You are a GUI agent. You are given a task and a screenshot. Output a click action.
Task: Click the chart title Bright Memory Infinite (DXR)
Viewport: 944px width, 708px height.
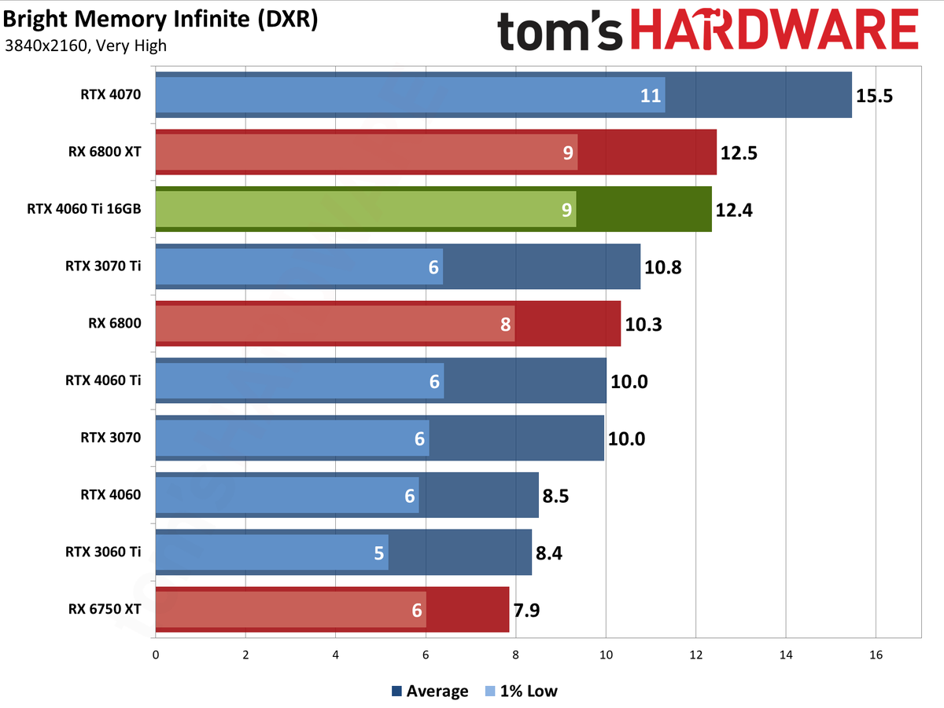(160, 19)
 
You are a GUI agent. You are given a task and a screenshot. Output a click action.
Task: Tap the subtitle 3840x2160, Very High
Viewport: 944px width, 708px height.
(85, 46)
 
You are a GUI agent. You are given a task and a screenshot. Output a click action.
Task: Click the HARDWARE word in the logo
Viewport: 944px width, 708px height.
(775, 33)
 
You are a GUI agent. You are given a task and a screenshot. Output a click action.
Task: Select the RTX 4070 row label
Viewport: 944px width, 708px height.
(110, 95)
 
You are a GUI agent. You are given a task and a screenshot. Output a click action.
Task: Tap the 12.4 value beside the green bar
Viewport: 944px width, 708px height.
(734, 211)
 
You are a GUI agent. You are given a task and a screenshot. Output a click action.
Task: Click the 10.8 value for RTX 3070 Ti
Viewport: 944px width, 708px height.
(662, 267)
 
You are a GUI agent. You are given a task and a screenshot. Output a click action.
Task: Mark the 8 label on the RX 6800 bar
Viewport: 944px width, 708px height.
(505, 324)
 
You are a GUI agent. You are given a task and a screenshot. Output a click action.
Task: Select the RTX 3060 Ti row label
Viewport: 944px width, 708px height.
(103, 552)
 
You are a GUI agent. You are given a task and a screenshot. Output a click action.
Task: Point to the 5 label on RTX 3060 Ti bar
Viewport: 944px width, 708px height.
(379, 553)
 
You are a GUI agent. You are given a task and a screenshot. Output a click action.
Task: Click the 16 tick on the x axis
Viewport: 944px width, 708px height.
(876, 655)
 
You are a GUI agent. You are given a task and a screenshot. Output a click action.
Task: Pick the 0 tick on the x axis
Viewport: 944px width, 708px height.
(156, 655)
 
